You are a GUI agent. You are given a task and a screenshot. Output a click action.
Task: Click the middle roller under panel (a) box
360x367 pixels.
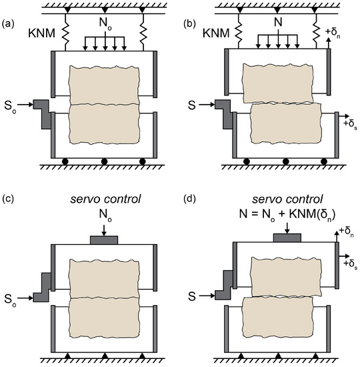[x=103, y=162]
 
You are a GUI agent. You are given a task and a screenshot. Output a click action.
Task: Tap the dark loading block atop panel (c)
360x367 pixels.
[x=103, y=240]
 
